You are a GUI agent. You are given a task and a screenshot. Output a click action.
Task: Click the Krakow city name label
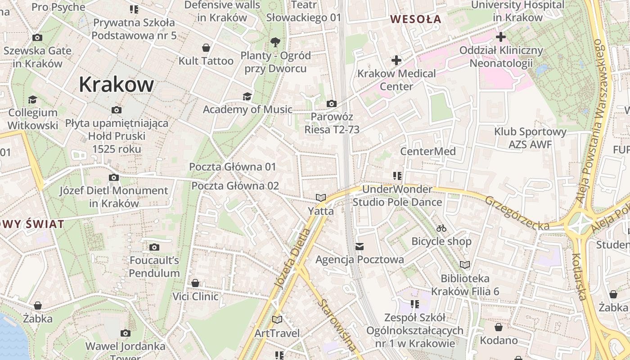[116, 84]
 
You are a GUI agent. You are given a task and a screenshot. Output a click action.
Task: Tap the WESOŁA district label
[416, 19]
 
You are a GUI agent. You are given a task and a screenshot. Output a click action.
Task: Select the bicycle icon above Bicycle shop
[441, 228]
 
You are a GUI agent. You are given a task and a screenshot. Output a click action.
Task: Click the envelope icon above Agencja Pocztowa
[360, 247]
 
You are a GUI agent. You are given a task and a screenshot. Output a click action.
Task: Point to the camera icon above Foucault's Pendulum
[154, 247]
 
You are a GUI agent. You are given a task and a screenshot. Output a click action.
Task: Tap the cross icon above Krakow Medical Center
[396, 60]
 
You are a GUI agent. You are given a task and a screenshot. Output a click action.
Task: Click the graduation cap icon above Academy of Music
[247, 96]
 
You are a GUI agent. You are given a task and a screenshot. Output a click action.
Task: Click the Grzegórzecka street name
[517, 212]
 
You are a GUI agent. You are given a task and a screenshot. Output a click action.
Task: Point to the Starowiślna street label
[337, 324]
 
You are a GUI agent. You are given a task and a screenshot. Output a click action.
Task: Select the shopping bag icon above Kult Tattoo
[206, 48]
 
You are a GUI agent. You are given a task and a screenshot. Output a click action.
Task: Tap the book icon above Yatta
[321, 198]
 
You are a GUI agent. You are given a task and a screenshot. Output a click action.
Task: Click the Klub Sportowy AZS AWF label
[530, 138]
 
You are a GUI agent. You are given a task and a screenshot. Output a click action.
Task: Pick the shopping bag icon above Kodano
[499, 327]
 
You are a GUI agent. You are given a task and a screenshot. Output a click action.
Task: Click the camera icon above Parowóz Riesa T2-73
[332, 104]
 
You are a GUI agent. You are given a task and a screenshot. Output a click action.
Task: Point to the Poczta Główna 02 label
[235, 186]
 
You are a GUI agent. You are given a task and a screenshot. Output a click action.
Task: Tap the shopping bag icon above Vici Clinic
[195, 283]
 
